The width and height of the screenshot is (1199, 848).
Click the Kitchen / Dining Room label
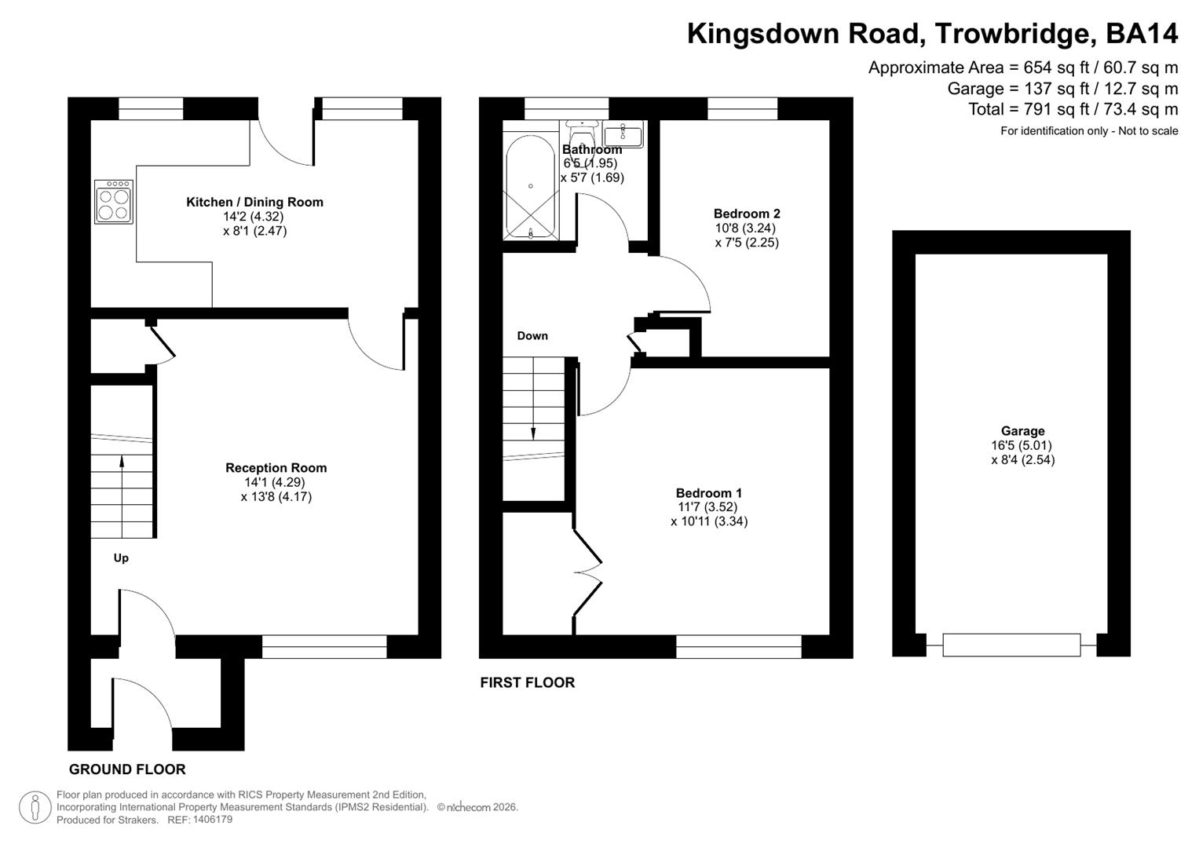(254, 202)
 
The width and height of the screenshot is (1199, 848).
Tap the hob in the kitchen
(114, 203)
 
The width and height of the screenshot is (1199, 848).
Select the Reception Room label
(276, 468)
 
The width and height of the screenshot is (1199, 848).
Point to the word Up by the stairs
(121, 558)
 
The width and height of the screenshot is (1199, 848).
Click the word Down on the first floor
(532, 336)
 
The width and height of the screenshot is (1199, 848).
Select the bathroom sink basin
(623, 133)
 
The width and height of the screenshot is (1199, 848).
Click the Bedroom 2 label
(747, 214)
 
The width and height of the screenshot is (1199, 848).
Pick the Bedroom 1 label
(709, 493)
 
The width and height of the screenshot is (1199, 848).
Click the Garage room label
(1022, 431)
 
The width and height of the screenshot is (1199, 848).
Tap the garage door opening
(1011, 645)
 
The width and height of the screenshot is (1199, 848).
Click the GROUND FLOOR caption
(127, 769)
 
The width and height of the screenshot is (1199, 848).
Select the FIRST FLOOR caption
(528, 683)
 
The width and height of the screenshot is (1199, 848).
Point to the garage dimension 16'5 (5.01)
(1022, 445)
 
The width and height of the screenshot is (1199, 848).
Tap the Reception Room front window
(324, 647)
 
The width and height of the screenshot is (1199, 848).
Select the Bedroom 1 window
(739, 647)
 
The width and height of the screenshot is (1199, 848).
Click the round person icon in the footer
(35, 807)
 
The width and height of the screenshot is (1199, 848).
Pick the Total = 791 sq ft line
(1073, 109)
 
